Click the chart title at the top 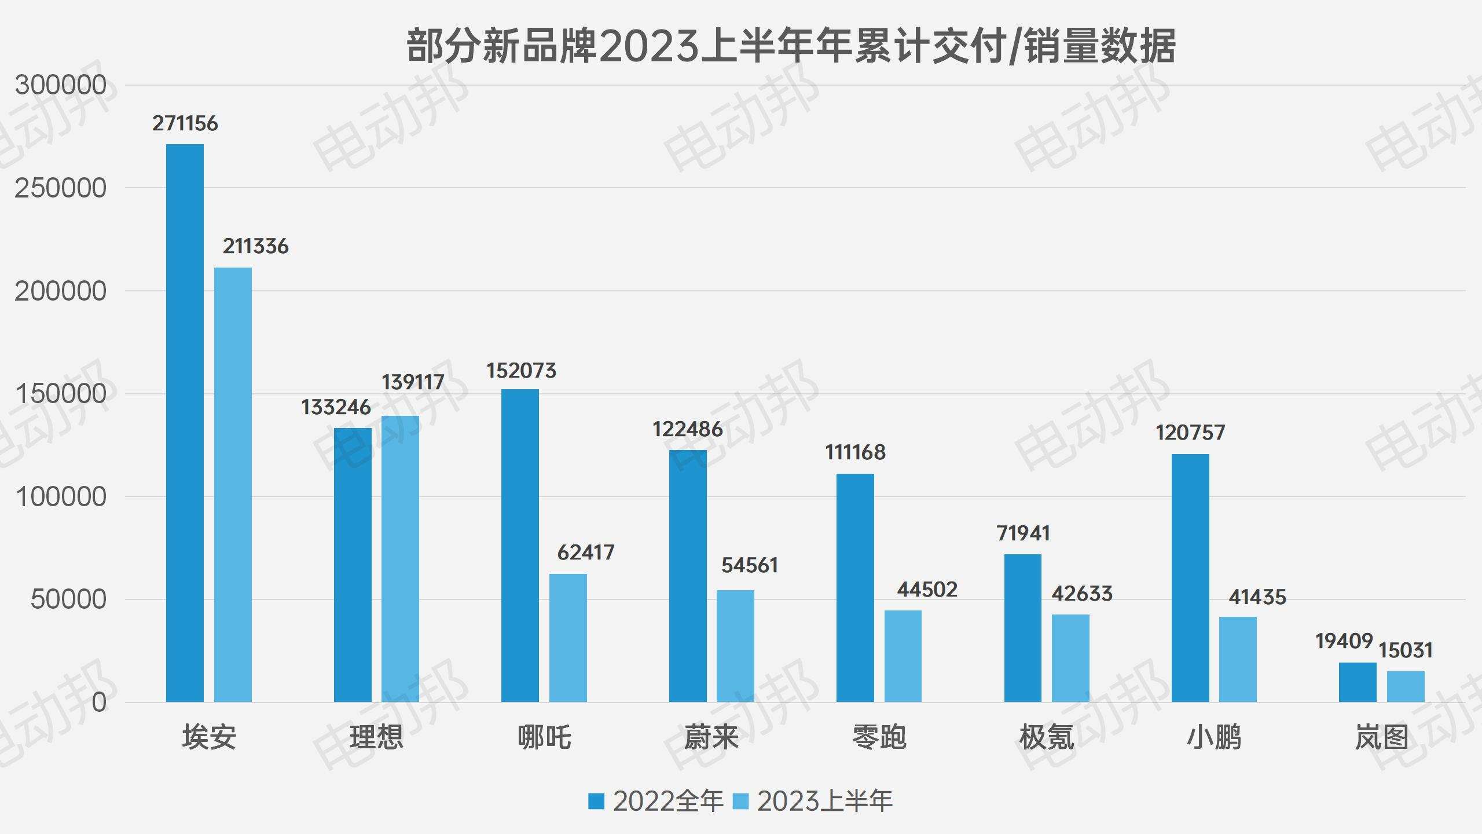tap(791, 46)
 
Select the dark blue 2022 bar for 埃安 tap(185, 423)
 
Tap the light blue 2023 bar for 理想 tap(400, 559)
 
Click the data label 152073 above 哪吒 tap(521, 371)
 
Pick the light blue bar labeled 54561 tap(735, 646)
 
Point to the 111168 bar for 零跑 tap(855, 588)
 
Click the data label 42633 tap(1082, 594)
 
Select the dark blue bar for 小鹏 tap(1190, 578)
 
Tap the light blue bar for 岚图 tap(1406, 686)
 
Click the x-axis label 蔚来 tap(711, 737)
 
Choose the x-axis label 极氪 tap(1047, 737)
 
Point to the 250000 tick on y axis tap(60, 188)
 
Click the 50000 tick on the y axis tap(68, 599)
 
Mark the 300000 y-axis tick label tap(60, 85)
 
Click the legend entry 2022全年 tap(656, 801)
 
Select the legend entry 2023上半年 tap(813, 801)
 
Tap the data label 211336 tap(255, 246)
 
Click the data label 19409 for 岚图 tap(1344, 641)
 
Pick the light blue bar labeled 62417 tap(568, 638)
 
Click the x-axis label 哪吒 tap(544, 737)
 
